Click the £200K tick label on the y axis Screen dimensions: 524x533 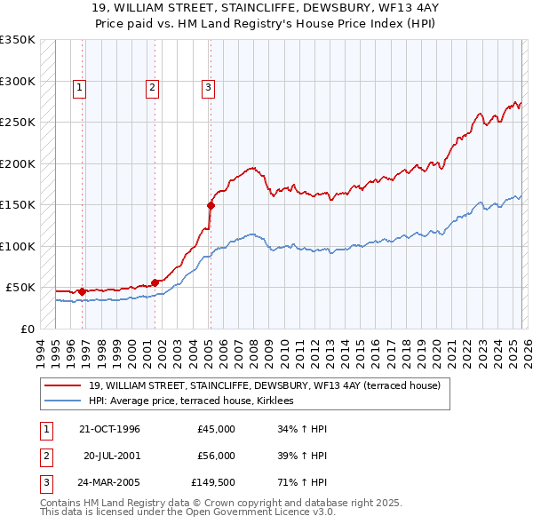pos(17,163)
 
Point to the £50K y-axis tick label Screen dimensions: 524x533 pos(20,288)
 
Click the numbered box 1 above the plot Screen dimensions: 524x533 pos(80,87)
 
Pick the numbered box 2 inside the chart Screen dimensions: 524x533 pos(152,87)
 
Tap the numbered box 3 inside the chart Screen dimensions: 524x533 pos(208,87)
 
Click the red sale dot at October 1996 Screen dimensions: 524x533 pos(82,290)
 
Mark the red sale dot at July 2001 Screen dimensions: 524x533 pos(155,282)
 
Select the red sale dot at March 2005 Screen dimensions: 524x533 pos(211,205)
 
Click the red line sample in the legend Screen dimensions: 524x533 pos(63,385)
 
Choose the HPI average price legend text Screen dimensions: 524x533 pos(197,401)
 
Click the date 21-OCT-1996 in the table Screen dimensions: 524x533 pos(109,429)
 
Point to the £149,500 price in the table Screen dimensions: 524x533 pos(213,482)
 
